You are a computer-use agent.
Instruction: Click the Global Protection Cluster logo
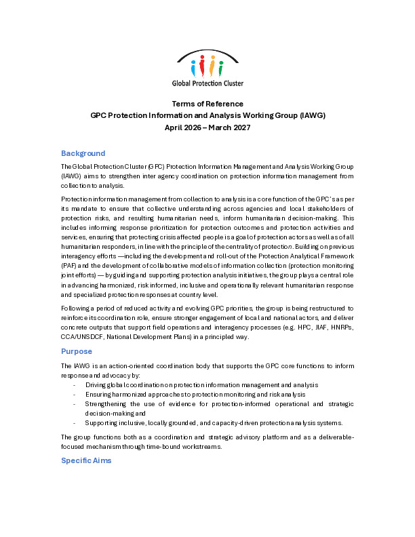[207, 68]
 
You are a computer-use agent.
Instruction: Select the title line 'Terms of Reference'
[207, 104]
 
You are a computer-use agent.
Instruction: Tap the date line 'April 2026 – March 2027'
[207, 127]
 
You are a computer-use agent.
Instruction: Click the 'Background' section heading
[83, 153]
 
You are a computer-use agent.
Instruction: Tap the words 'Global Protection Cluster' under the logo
[207, 83]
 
